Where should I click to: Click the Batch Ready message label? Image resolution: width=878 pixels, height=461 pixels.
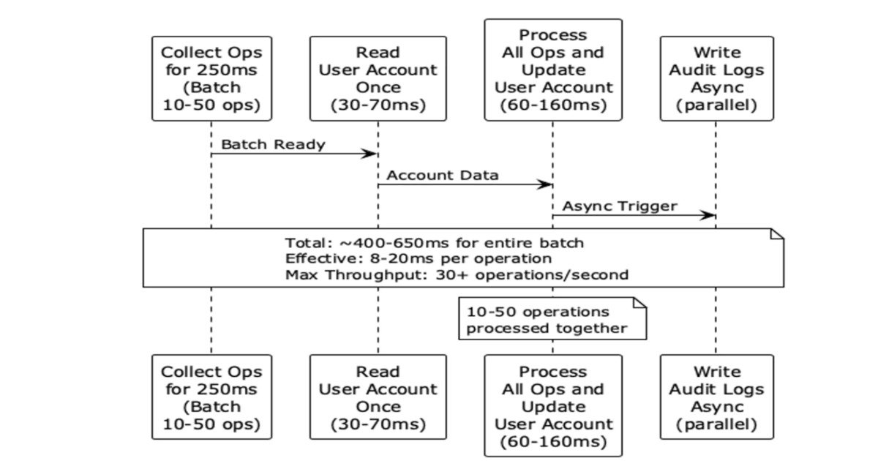(273, 145)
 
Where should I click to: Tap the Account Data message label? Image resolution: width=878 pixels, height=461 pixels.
(443, 175)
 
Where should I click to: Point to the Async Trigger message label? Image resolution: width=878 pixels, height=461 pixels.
(620, 206)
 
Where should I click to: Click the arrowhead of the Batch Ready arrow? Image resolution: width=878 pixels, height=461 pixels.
(369, 154)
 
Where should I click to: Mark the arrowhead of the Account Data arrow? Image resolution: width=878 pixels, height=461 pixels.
(544, 184)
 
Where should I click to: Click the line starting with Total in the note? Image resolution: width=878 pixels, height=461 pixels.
(435, 243)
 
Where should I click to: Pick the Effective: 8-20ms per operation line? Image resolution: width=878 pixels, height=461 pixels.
(419, 259)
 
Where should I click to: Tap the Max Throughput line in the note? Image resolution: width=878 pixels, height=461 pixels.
(457, 275)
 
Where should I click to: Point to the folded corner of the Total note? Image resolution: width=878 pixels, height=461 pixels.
(777, 234)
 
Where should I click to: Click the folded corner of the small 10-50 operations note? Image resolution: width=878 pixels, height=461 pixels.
(640, 303)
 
